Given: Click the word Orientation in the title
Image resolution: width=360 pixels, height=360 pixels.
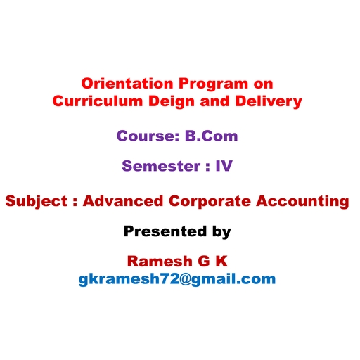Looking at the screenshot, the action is [127, 84].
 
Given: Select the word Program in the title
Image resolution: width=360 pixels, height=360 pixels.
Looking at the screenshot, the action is [213, 85].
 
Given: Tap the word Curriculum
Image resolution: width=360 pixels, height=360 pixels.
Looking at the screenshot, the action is [98, 101].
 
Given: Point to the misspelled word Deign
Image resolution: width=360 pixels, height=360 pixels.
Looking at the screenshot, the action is [172, 103].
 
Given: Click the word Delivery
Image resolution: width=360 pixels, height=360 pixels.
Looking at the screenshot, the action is [269, 103].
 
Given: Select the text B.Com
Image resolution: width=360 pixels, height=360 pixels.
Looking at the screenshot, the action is [212, 136].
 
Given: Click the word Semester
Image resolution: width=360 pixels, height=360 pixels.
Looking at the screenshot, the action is [161, 166].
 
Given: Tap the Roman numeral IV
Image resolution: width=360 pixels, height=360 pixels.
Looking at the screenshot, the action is [224, 166].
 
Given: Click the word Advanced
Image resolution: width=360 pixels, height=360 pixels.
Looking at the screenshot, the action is [123, 201].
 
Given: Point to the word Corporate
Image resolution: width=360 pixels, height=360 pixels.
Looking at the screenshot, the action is [210, 202].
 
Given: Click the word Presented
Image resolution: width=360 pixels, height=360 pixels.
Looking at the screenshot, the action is [165, 231].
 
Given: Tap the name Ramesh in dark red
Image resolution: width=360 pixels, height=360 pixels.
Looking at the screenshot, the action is [160, 262].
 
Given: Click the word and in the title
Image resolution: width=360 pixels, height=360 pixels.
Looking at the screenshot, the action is [214, 101].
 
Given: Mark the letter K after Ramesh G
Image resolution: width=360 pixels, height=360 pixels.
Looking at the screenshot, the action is [221, 262].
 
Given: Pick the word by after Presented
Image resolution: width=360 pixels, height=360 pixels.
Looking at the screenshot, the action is [221, 233].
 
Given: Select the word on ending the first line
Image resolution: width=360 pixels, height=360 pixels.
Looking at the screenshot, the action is [263, 84].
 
